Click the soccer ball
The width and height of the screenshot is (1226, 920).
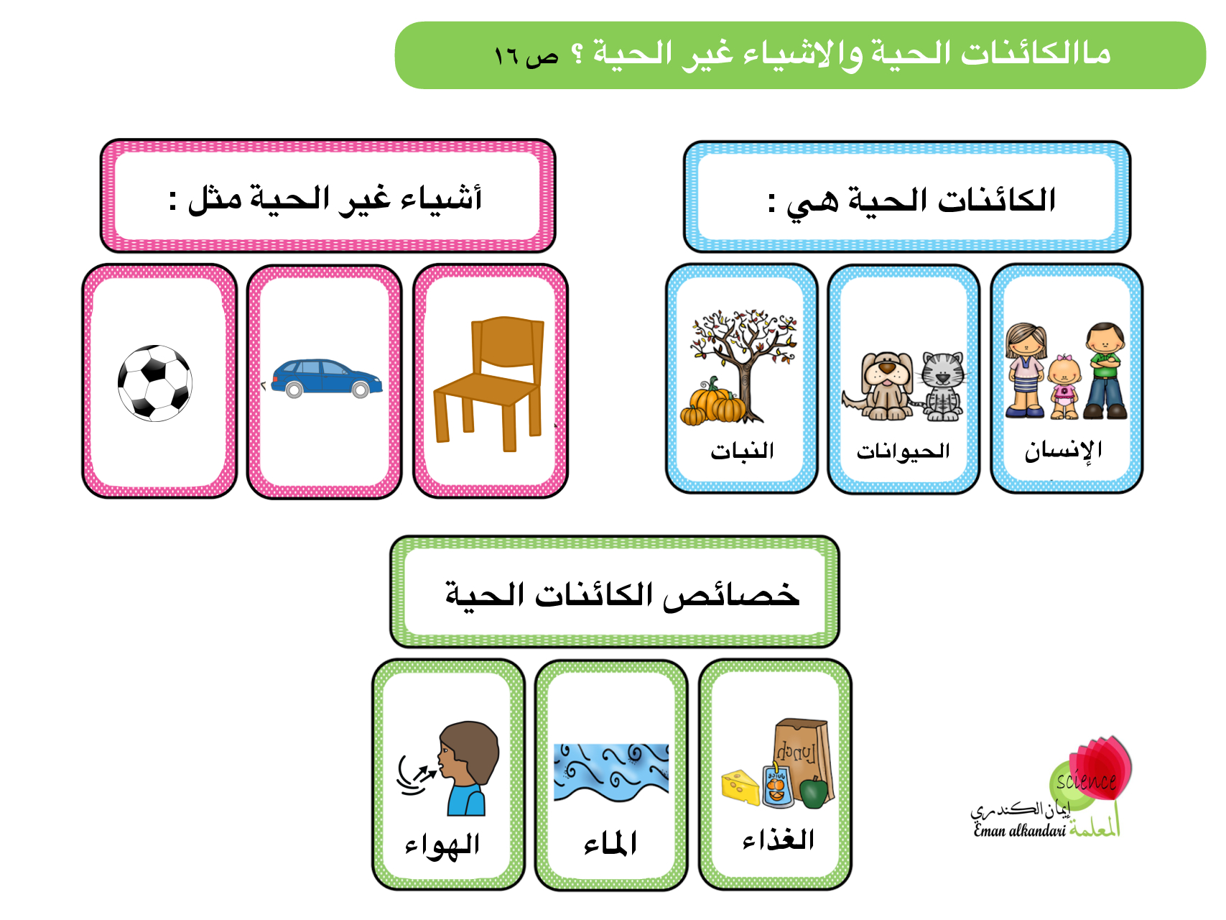click(155, 383)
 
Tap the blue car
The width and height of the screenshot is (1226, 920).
click(326, 378)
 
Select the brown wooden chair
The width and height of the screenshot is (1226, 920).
click(488, 384)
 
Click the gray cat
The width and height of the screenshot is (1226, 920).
click(942, 387)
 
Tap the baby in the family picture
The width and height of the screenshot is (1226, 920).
click(1064, 387)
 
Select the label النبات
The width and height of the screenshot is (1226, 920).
click(742, 451)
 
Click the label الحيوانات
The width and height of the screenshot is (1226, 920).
click(903, 451)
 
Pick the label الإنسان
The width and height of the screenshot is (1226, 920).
click(1064, 451)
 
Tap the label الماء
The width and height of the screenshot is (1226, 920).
click(610, 842)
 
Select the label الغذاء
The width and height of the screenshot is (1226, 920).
click(779, 839)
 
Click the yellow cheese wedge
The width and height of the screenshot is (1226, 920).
click(740, 788)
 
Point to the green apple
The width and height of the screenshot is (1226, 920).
click(814, 792)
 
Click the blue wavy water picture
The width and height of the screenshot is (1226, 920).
click(611, 773)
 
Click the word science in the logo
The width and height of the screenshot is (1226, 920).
click(1086, 780)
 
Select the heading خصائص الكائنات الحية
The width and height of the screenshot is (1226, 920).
click(622, 596)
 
